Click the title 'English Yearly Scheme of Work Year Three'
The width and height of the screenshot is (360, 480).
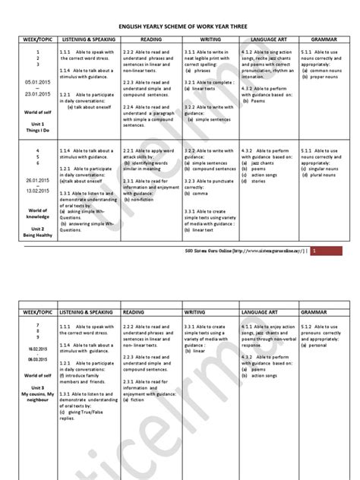coord(179,23)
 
